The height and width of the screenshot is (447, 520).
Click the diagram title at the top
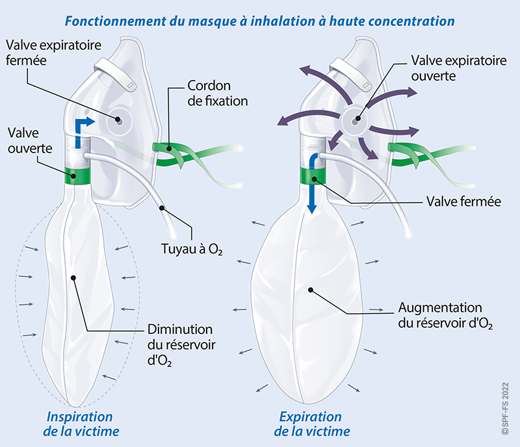tap(259, 19)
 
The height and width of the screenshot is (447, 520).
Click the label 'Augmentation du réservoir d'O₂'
tap(440, 315)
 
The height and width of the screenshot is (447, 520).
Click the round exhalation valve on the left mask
tap(120, 121)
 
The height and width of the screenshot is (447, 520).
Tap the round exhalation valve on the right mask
tap(355, 119)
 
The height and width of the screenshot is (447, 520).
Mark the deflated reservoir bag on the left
tap(75, 299)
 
